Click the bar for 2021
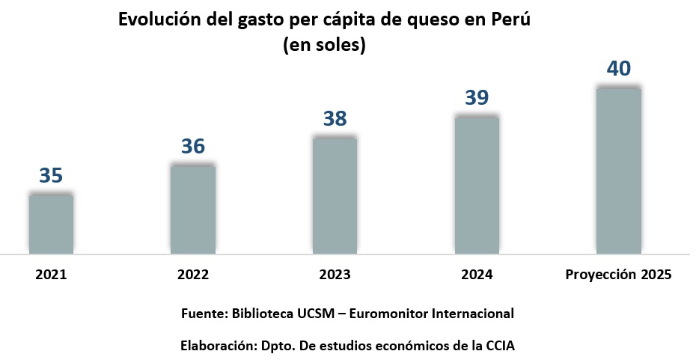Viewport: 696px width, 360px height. click(x=51, y=225)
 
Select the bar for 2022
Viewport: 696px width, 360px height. click(x=193, y=210)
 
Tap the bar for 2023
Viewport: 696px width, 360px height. click(x=335, y=196)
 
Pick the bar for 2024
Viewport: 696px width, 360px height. click(x=477, y=186)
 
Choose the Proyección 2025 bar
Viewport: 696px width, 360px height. click(x=618, y=171)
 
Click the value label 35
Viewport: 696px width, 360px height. click(x=51, y=176)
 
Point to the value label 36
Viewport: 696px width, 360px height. click(x=193, y=147)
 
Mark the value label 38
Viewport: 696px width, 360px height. click(x=335, y=119)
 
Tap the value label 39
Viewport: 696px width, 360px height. click(x=477, y=97)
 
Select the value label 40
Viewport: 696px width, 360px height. click(x=618, y=69)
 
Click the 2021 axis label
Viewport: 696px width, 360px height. click(x=51, y=275)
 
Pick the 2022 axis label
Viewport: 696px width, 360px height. click(x=193, y=275)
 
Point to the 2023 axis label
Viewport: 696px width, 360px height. click(x=335, y=275)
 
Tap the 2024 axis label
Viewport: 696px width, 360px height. click(x=477, y=275)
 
